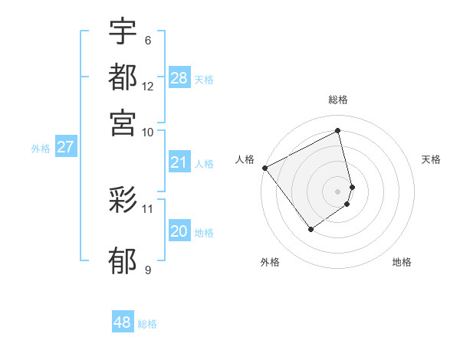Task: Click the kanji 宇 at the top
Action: pyautogui.click(x=123, y=31)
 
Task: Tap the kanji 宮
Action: pyautogui.click(x=123, y=122)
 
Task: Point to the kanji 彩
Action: pyautogui.click(x=123, y=201)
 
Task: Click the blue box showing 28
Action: pyautogui.click(x=179, y=78)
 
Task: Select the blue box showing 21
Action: pyautogui.click(x=179, y=162)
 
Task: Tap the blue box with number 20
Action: pyautogui.click(x=179, y=231)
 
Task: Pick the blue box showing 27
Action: pyautogui.click(x=65, y=147)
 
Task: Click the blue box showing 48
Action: pyautogui.click(x=123, y=322)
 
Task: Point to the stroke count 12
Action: pyautogui.click(x=148, y=86)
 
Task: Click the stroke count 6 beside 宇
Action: pyautogui.click(x=148, y=41)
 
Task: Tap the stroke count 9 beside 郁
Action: pyautogui.click(x=148, y=270)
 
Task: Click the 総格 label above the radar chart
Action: pyautogui.click(x=338, y=100)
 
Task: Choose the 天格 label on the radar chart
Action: pyautogui.click(x=432, y=159)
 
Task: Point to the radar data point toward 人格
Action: pyautogui.click(x=264, y=167)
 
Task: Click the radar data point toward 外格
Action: pyautogui.click(x=310, y=229)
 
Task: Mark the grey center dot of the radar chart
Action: pyautogui.click(x=338, y=191)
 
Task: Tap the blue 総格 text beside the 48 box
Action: pyautogui.click(x=147, y=324)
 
